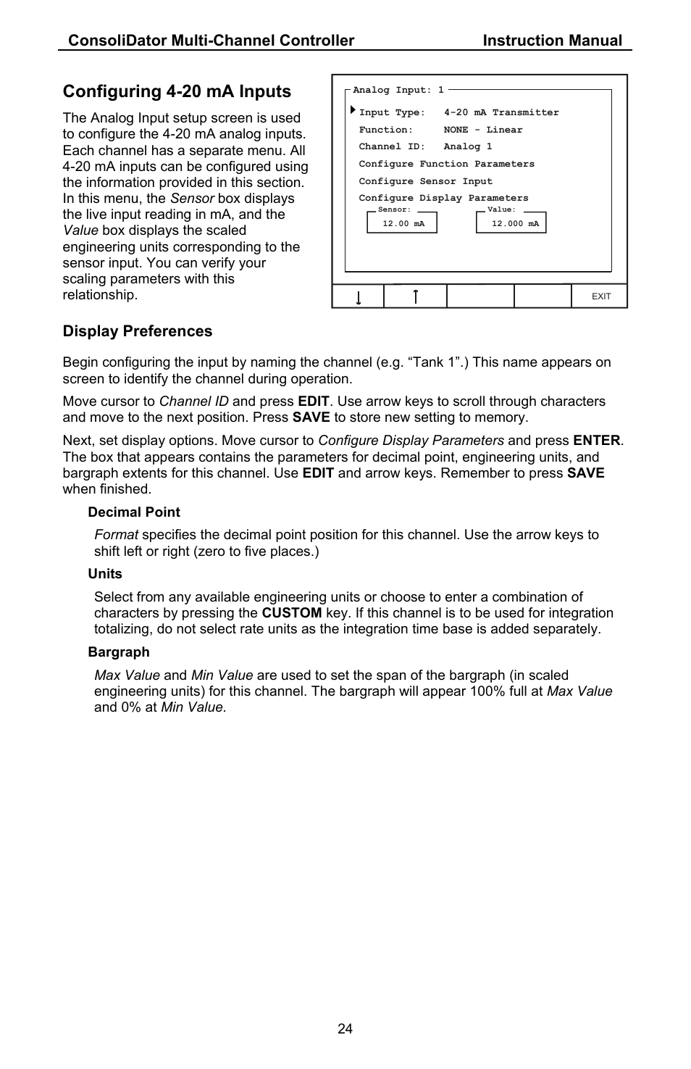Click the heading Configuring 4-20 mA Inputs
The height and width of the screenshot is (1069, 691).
(x=177, y=91)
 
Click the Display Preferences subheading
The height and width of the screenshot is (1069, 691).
(x=138, y=331)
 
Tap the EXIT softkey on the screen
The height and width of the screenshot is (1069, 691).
(x=600, y=296)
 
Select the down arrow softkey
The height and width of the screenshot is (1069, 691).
(x=359, y=296)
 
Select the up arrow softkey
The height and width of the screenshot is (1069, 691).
(x=415, y=296)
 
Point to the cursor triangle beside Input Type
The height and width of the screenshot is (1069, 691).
(x=353, y=111)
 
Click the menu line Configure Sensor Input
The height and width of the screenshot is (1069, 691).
(x=425, y=181)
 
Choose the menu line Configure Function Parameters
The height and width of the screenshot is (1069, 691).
(x=446, y=164)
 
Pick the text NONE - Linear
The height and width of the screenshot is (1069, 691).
(x=482, y=130)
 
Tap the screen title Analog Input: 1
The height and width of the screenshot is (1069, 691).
(x=398, y=90)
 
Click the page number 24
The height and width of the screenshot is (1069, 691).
(x=345, y=1028)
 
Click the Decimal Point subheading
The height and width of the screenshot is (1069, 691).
(x=134, y=512)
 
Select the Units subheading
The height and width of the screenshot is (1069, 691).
(x=105, y=574)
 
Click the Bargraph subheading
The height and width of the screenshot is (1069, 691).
(x=119, y=652)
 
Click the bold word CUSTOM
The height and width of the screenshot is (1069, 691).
(x=291, y=613)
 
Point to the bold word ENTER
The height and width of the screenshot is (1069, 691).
(x=596, y=441)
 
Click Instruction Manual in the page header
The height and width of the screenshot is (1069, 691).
(x=552, y=41)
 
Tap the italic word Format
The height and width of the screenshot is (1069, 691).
(x=116, y=535)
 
